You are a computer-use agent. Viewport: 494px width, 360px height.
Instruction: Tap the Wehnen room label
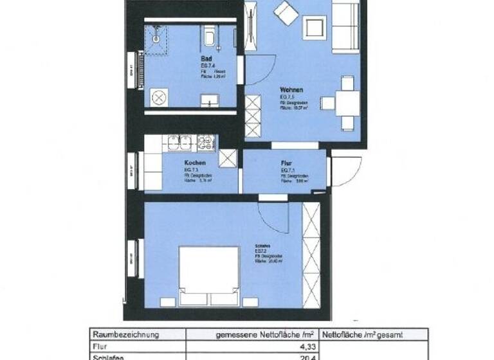click(x=291, y=90)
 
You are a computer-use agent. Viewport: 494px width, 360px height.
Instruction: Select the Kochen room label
click(x=194, y=163)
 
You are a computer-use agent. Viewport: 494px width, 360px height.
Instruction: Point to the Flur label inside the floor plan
click(x=288, y=163)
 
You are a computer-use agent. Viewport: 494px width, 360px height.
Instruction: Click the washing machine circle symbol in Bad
click(x=159, y=97)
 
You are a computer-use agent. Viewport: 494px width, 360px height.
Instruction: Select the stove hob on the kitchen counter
click(x=205, y=141)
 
